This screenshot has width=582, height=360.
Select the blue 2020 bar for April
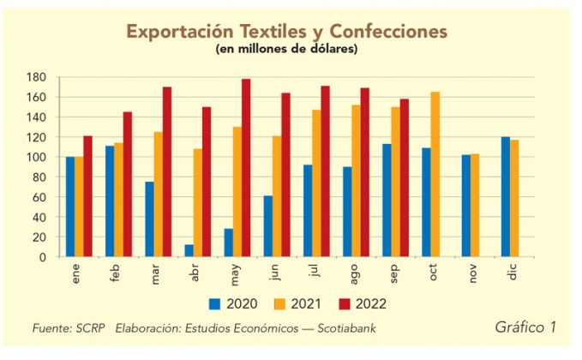(189, 250)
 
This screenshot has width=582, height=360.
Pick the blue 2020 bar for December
(506, 197)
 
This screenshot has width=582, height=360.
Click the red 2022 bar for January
(87, 196)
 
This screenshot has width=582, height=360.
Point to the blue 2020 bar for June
(268, 226)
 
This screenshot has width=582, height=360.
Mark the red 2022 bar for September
(405, 177)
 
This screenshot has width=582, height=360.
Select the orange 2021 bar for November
(475, 206)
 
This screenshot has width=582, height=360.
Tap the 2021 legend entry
(297, 303)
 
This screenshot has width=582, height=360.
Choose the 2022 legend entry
(360, 303)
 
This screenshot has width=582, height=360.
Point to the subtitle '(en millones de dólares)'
(286, 49)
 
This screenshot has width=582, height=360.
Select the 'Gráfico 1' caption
(525, 327)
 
